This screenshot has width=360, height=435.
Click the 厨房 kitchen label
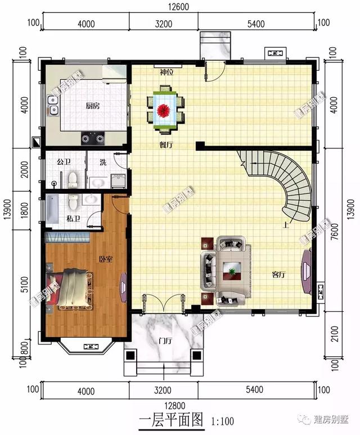click(93, 106)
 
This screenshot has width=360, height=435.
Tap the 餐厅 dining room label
click(165, 144)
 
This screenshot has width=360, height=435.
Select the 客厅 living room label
click(278, 275)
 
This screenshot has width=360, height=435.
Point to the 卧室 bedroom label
click(106, 259)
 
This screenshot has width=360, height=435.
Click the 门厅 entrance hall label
click(165, 341)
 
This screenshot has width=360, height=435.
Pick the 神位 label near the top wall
click(166, 72)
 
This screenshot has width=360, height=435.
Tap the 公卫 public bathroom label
click(64, 162)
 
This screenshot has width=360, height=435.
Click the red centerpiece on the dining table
click(165, 110)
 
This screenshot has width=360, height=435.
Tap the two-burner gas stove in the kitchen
click(93, 137)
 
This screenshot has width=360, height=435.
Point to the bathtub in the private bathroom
click(52, 209)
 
